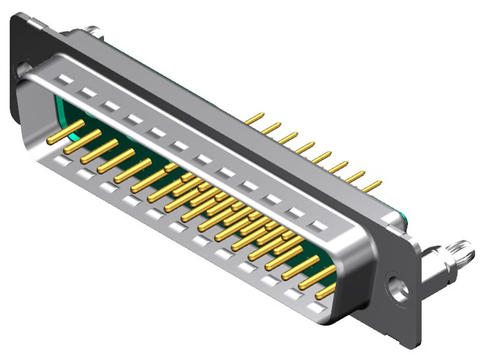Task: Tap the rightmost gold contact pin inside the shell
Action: (x=326, y=290)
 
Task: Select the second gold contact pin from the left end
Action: (x=85, y=141)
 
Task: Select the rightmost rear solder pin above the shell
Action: (x=372, y=185)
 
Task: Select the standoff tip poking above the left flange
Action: (x=92, y=31)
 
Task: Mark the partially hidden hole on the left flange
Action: (x=23, y=69)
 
